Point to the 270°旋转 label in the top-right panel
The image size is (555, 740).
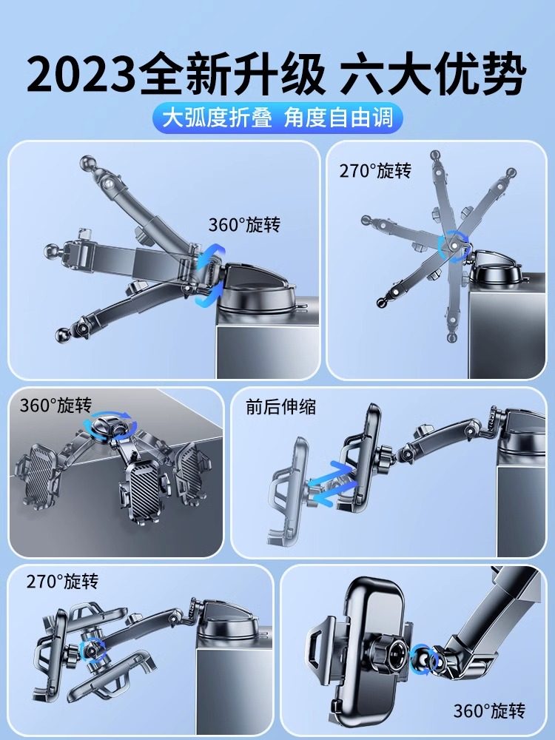click(375, 172)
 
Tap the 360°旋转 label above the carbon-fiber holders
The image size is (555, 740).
click(55, 406)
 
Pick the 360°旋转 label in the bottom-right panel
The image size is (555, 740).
click(489, 711)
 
